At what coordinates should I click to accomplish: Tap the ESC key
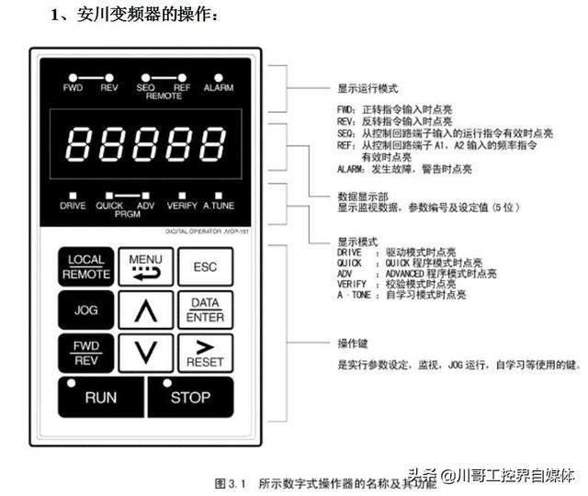(x=204, y=266)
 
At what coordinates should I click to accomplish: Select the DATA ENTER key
(x=204, y=310)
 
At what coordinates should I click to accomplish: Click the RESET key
(x=204, y=353)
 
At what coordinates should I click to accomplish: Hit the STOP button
(x=190, y=397)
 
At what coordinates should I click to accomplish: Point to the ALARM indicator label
(x=219, y=87)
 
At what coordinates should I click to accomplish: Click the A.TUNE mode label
(x=220, y=206)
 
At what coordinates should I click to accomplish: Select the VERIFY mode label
(x=182, y=206)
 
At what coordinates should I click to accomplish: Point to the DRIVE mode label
(x=73, y=206)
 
